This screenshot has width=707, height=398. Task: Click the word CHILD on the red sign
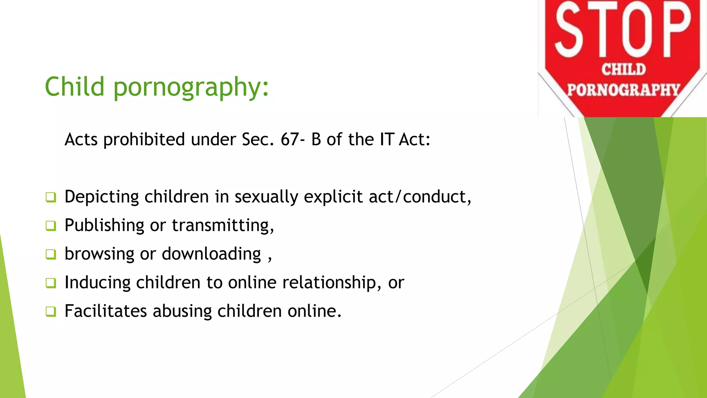click(x=623, y=69)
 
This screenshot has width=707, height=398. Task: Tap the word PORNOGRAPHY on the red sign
click(x=623, y=90)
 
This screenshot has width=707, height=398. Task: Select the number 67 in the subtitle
click(x=290, y=140)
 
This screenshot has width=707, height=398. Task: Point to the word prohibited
click(x=144, y=140)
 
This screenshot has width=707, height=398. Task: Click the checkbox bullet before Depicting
click(x=51, y=197)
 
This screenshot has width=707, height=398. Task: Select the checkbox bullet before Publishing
click(x=51, y=226)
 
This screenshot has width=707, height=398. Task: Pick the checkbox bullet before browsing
click(x=51, y=255)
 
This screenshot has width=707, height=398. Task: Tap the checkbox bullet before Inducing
click(x=51, y=283)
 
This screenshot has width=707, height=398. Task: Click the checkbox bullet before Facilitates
click(x=51, y=312)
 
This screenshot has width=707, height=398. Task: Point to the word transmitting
click(x=223, y=226)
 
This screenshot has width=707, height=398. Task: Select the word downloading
click(x=211, y=254)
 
